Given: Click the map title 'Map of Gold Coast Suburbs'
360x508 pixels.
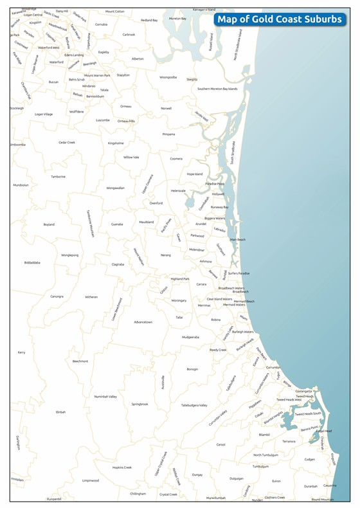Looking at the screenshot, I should coord(279,19).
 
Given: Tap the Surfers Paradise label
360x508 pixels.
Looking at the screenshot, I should coord(239,273).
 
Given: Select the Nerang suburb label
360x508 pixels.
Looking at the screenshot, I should coord(166,255).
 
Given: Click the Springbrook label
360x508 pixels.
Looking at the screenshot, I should coord(140,404).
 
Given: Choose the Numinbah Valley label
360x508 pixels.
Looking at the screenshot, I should coord(105,397).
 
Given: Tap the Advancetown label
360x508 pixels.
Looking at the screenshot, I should coord(143,322).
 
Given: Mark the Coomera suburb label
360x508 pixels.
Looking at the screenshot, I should coord(176,159).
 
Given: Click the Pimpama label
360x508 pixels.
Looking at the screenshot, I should coord(168,134).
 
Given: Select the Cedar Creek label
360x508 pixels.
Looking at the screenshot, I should coord(67,142).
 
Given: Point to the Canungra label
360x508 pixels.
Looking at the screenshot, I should coord(57,296).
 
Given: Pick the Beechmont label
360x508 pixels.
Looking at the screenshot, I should coord(80,361).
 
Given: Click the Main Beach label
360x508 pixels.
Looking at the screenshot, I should coord(238,240).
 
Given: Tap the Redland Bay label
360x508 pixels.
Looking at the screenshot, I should coord(149,21).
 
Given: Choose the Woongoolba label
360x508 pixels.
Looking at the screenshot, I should coord(168,77).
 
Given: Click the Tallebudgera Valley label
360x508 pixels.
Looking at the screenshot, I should coord(194,405).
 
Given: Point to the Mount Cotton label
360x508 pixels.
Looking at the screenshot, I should coord(115,12).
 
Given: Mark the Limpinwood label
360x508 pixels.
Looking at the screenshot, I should coord(91,480).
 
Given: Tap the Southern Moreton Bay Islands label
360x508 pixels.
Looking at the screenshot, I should coord(217,89).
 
